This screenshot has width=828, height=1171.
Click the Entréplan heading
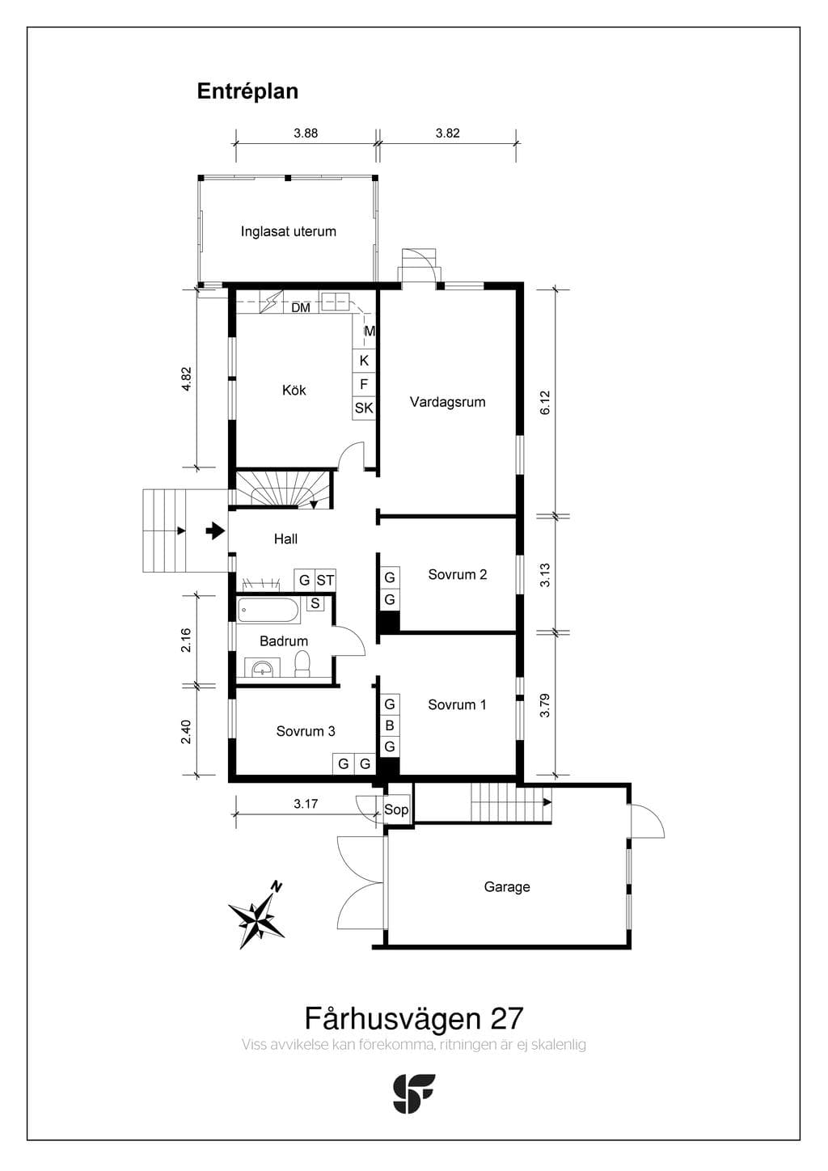(247, 91)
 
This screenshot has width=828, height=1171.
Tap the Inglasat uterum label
(288, 231)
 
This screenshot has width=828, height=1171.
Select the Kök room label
(294, 390)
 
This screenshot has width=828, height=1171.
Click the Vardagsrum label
(447, 402)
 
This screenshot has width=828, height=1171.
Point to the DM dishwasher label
(301, 308)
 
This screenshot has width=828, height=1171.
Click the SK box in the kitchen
(364, 408)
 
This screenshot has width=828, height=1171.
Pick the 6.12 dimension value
(545, 403)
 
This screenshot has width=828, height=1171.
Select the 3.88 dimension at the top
(306, 133)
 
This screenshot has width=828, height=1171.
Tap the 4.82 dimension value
(187, 379)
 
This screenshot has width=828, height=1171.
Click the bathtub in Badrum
(268, 611)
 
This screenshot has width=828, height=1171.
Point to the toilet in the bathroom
(302, 663)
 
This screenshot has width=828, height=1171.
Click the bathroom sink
(262, 667)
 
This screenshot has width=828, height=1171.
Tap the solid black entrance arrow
(215, 531)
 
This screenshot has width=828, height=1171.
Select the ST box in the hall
(325, 580)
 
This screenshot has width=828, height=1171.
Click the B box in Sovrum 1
(390, 725)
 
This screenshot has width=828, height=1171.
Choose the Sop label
(395, 810)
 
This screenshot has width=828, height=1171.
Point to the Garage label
(507, 886)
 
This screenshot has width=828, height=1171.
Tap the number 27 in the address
(506, 1018)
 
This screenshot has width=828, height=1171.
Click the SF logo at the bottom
(413, 1093)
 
